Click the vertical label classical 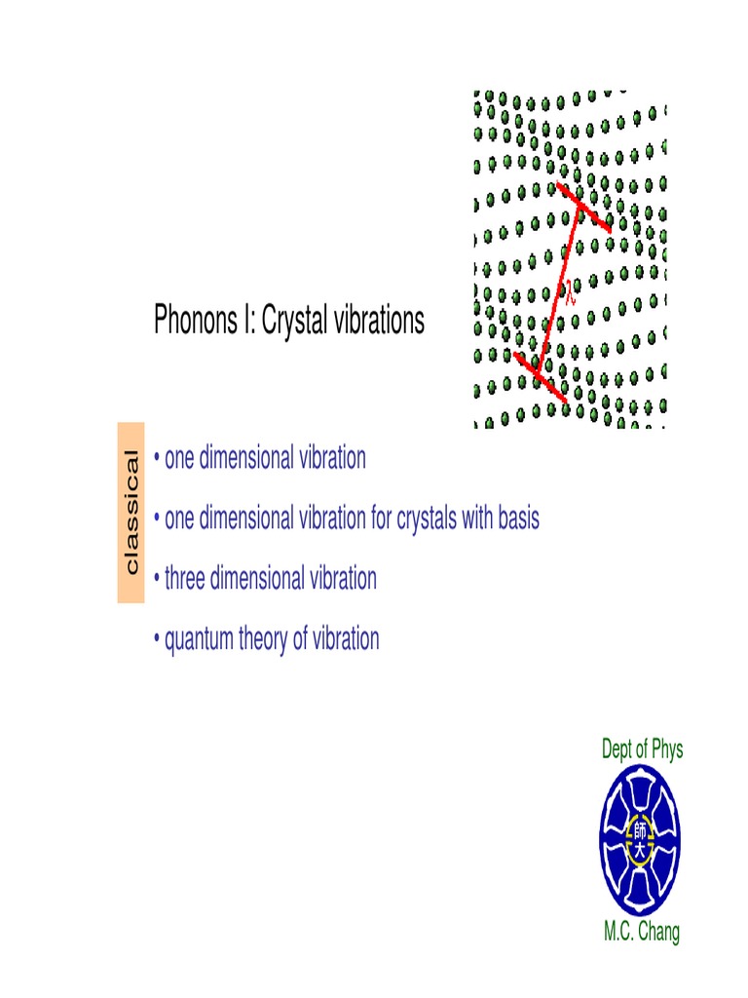pyautogui.click(x=131, y=513)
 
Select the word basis pyautogui.click(x=518, y=518)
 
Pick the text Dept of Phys pyautogui.click(x=643, y=748)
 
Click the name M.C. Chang pyautogui.click(x=642, y=932)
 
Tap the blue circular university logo pyautogui.click(x=641, y=840)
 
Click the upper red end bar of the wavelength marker pyautogui.click(x=584, y=207)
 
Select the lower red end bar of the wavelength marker pyautogui.click(x=540, y=376)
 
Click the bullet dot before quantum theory pyautogui.click(x=157, y=640)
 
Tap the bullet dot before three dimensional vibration pyautogui.click(x=157, y=580)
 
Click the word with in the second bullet pyautogui.click(x=478, y=518)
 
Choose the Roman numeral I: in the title pyautogui.click(x=245, y=321)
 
